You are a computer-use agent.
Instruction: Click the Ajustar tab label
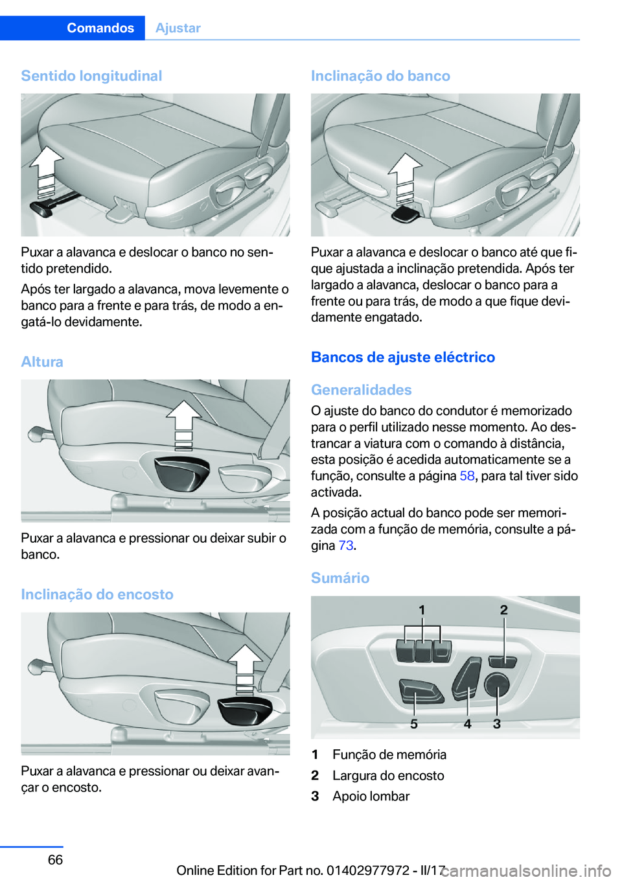178,28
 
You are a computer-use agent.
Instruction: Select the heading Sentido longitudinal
91,76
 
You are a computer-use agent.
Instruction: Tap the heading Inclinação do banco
380,76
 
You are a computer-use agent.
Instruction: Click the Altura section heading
42,361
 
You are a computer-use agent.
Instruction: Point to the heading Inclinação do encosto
97,594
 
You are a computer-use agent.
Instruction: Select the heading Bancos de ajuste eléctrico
403,357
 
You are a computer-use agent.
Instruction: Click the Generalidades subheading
362,390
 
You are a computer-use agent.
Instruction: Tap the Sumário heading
340,578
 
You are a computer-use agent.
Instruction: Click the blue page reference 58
466,476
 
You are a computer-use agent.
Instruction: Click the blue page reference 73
346,546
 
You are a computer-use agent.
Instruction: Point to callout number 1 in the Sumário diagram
422,611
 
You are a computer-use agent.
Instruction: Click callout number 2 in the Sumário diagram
504,610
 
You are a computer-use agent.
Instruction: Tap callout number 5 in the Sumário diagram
414,724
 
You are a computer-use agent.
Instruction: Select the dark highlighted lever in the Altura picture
181,473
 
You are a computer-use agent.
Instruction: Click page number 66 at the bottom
55,859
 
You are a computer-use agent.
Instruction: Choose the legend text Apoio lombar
371,796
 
